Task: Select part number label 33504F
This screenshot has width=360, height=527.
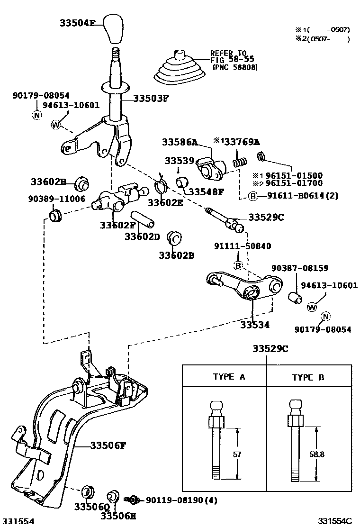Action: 79,22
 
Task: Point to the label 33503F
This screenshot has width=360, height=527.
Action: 151,99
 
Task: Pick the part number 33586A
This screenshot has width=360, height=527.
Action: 180,142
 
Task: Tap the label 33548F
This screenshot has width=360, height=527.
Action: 206,192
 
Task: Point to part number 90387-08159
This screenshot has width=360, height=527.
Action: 300,268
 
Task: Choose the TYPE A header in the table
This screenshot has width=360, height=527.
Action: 229,377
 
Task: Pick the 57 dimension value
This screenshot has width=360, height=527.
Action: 237,454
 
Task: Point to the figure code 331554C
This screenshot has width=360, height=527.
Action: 335,521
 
